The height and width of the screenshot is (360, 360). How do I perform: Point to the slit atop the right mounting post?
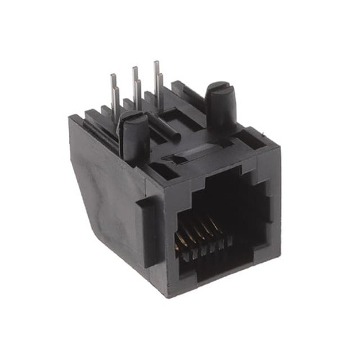[x=218, y=91]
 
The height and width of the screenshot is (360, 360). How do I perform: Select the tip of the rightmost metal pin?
[x=156, y=63]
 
